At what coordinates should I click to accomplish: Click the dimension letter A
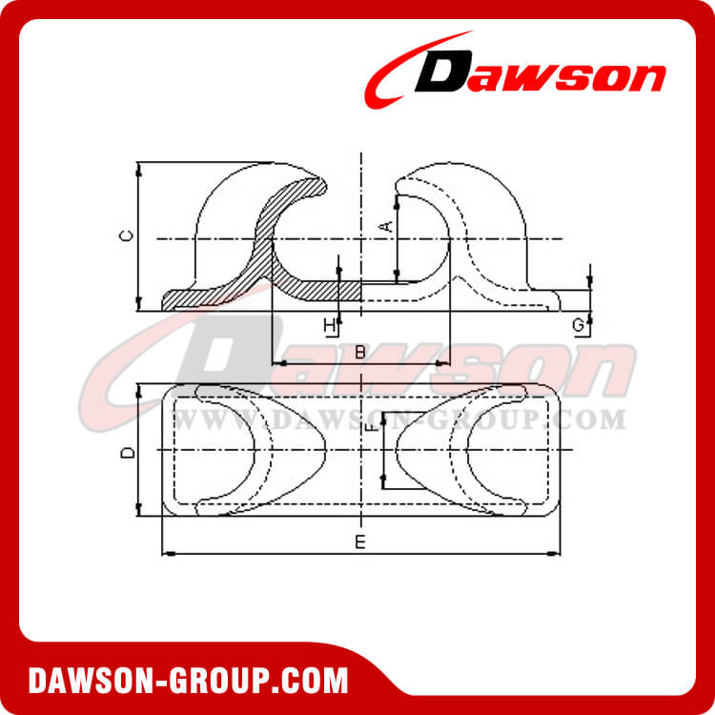tap(386, 226)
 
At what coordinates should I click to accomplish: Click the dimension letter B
tap(359, 352)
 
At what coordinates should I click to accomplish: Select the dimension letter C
tap(127, 235)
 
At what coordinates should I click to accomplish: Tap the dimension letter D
tap(128, 452)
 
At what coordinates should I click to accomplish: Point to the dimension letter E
tap(359, 542)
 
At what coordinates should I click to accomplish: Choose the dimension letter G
tap(579, 325)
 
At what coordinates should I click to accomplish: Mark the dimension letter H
tap(330, 326)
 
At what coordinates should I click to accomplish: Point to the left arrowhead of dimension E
tap(167, 553)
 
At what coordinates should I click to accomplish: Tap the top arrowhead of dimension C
tap(139, 169)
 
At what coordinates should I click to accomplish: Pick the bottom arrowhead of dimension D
tap(139, 512)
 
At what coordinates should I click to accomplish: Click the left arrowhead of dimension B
tap(276, 363)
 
